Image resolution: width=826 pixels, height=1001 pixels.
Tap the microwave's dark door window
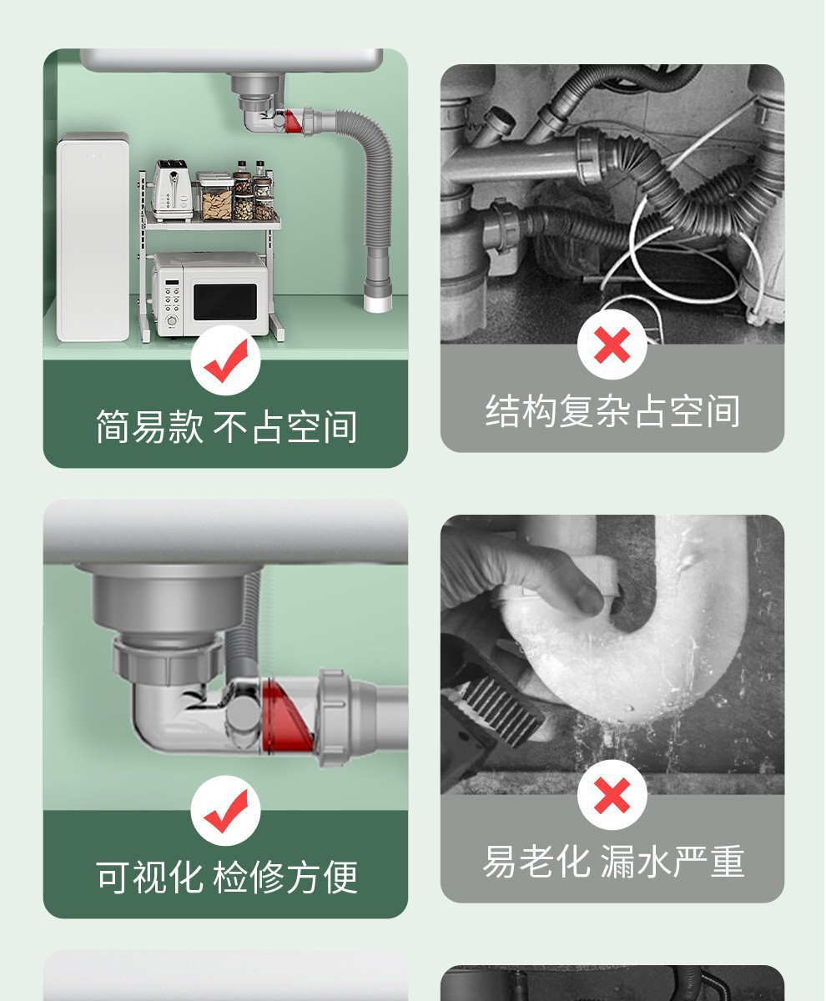pyautogui.click(x=225, y=301)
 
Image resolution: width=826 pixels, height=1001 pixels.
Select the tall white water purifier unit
pyautogui.click(x=93, y=237)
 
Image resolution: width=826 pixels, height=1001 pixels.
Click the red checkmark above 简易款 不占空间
pyautogui.click(x=226, y=361)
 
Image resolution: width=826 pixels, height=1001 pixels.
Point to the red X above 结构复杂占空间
pyautogui.click(x=612, y=345)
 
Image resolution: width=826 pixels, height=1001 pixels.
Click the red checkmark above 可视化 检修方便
pyautogui.click(x=226, y=811)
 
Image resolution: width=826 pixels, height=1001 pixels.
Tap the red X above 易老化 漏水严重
pyautogui.click(x=612, y=795)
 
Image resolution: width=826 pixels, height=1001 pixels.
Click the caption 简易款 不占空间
pyautogui.click(x=226, y=426)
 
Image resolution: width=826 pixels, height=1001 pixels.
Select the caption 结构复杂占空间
pyautogui.click(x=612, y=411)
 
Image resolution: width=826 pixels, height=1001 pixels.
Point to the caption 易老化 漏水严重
pyautogui.click(x=613, y=861)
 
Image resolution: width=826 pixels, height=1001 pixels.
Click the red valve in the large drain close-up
pyautogui.click(x=286, y=717)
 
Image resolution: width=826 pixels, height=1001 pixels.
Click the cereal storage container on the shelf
pyautogui.click(x=215, y=197)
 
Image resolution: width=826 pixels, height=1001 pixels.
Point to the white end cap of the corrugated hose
pyautogui.click(x=377, y=303)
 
